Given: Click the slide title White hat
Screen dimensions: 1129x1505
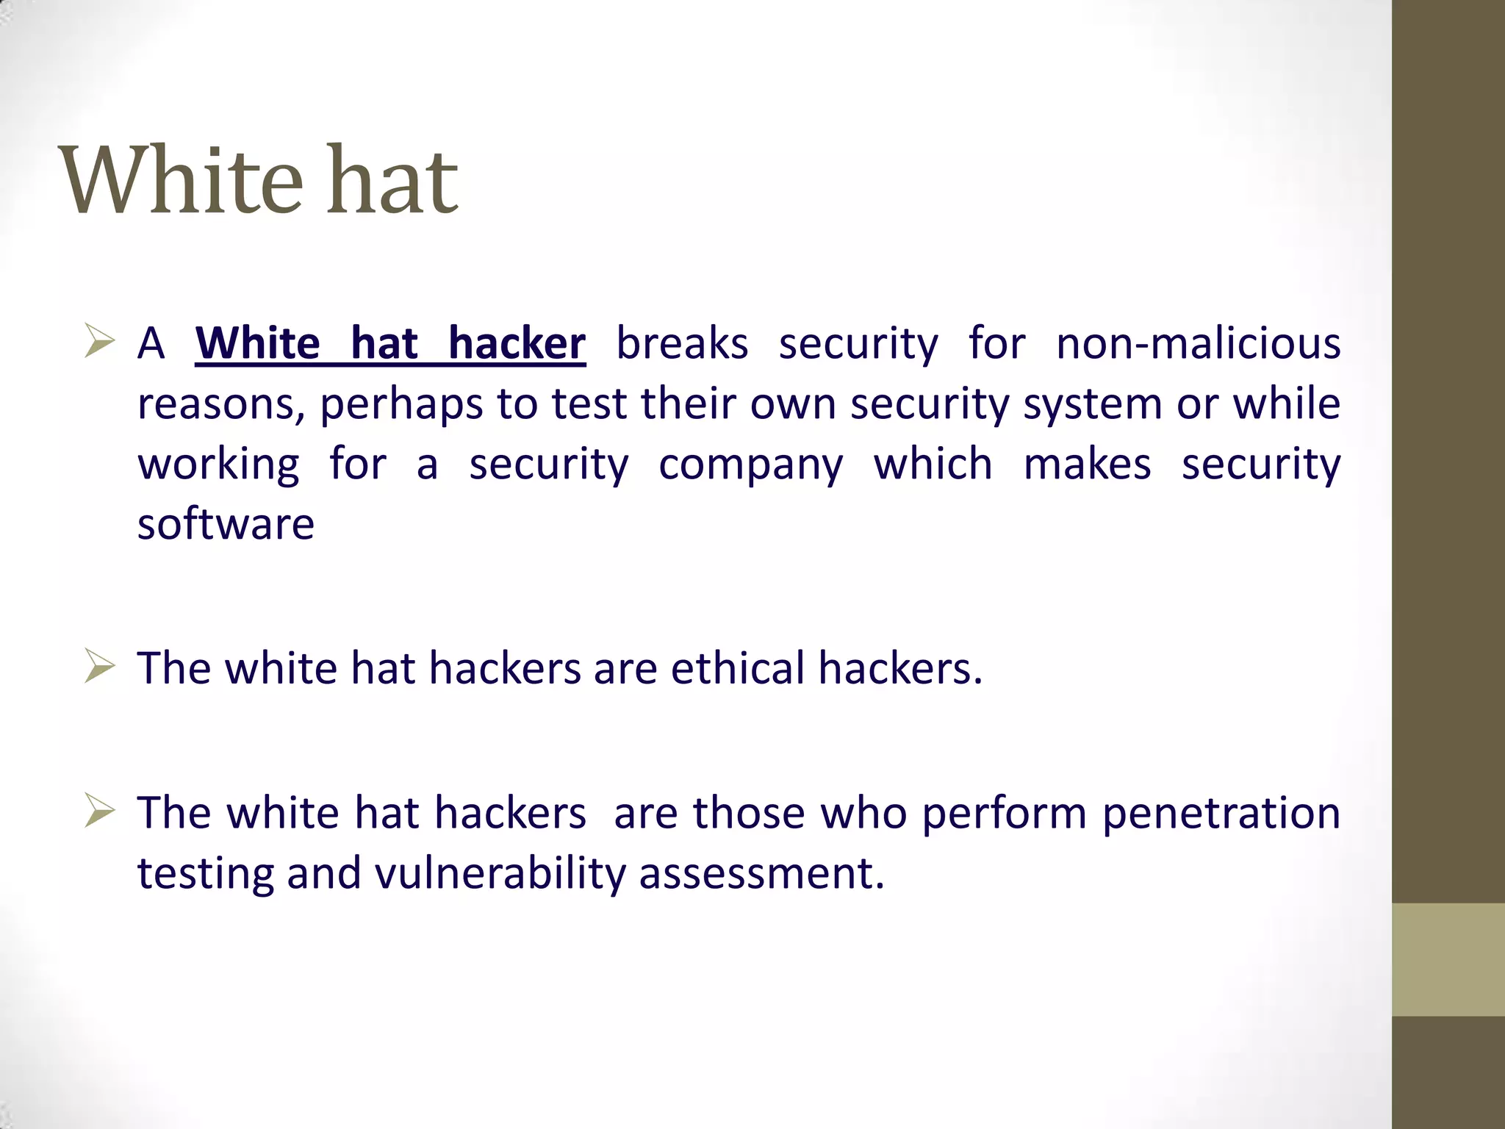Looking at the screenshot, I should point(258,180).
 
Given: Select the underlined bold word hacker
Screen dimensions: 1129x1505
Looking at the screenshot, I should point(517,343).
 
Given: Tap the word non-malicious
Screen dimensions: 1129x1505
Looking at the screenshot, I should point(1198,343).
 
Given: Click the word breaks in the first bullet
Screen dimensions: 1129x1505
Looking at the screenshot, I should point(682,343).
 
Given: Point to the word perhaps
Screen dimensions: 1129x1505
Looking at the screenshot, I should point(401,405).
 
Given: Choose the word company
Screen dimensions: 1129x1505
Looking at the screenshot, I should point(750,465).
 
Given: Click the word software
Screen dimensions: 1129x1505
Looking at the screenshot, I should point(226,524).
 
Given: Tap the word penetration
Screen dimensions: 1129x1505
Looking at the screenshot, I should point(1221,813).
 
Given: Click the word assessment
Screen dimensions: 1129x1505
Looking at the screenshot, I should point(761,874).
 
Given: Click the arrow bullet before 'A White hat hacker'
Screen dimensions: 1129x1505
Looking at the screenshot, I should point(99,341).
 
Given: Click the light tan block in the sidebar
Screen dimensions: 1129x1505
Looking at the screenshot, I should point(1448,959).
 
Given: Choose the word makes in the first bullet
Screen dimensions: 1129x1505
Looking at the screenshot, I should point(1087,465).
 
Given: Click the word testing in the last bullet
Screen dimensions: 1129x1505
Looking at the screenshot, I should point(205,874).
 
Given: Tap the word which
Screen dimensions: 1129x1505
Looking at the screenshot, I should point(933,465).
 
